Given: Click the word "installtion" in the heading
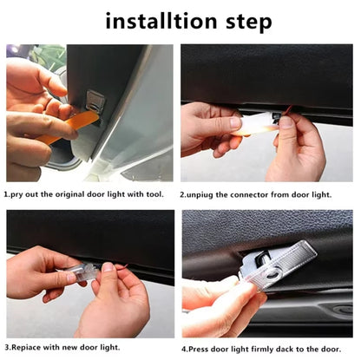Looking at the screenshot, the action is click(161, 21).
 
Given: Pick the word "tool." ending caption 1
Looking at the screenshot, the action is click(154, 194).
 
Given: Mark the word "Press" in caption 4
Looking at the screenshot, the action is click(199, 349).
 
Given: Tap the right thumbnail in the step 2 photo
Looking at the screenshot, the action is click(287, 122).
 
